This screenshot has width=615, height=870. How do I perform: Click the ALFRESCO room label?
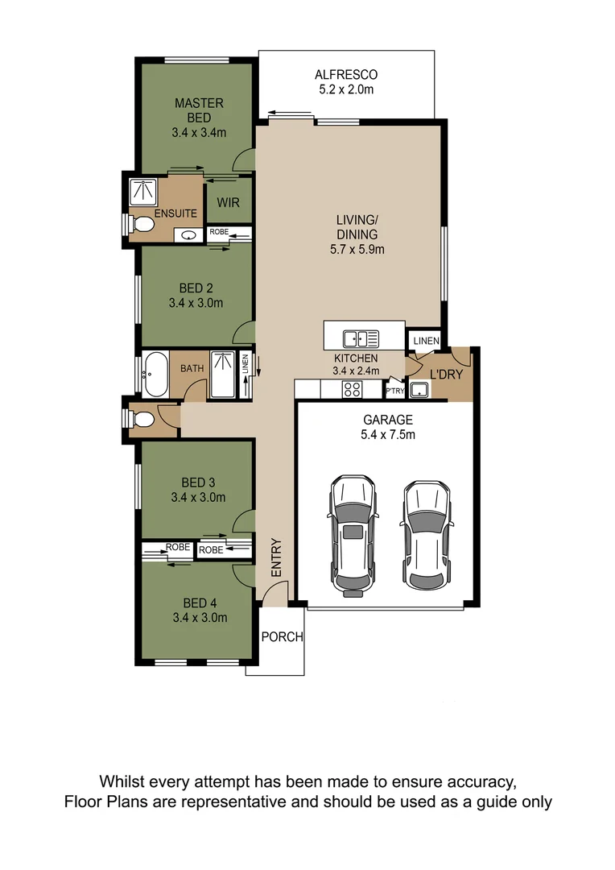[346, 75]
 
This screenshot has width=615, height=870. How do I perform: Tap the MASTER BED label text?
[199, 110]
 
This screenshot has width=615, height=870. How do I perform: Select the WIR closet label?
[228, 202]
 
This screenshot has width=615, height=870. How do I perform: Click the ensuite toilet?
[140, 224]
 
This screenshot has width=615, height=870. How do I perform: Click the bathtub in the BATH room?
[155, 375]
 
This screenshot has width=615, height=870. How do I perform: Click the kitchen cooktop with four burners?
[353, 389]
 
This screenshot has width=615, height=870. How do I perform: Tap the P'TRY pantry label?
[395, 391]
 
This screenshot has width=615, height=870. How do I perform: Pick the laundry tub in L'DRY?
[419, 390]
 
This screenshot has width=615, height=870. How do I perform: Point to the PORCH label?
[283, 637]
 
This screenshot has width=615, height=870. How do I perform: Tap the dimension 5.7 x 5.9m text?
[357, 250]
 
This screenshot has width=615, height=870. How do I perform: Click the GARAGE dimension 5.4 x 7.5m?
[388, 435]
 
